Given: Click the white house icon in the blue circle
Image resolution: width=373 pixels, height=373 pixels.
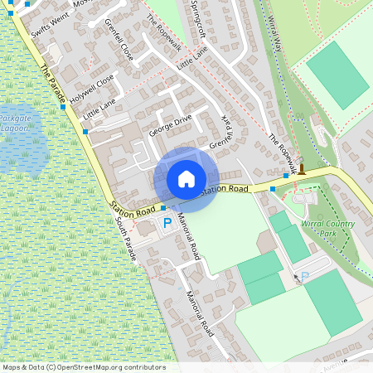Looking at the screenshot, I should coord(186,178).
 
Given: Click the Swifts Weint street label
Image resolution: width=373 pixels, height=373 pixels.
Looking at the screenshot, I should coord(46,22).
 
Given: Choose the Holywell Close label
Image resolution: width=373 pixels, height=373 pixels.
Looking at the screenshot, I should coord(93,87).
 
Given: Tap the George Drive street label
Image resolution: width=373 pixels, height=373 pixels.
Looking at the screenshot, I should coord(170,125).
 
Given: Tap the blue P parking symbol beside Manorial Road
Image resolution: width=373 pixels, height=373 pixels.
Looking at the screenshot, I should coord(167,222).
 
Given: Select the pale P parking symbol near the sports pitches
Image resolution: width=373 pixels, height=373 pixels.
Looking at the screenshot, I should coord(304,276).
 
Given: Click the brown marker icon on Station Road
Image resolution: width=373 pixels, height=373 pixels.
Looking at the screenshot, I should coord(302,170).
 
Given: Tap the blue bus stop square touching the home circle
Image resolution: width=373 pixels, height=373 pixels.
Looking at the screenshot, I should coord(164,207).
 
